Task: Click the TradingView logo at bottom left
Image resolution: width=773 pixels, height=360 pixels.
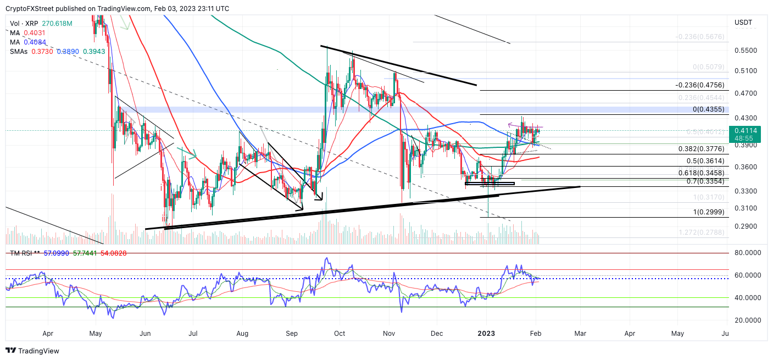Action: click(32, 351)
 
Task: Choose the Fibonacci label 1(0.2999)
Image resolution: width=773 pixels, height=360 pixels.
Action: click(708, 212)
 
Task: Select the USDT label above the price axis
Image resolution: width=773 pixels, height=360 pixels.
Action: click(743, 23)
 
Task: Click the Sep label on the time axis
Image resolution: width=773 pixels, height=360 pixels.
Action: click(292, 334)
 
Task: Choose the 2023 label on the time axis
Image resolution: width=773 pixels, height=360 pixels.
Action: click(487, 334)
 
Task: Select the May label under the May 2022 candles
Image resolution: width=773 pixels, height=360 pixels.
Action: click(96, 334)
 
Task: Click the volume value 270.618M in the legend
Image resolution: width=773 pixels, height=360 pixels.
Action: click(57, 24)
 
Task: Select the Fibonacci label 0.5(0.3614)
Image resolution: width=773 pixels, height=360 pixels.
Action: click(705, 161)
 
